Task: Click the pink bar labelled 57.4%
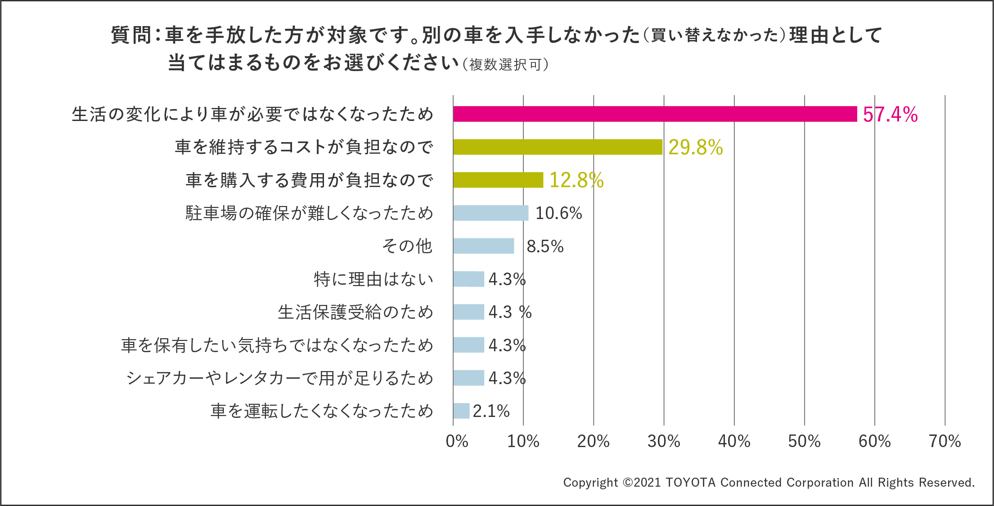point(655,114)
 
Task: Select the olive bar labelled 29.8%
point(558,147)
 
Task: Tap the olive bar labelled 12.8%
point(498,180)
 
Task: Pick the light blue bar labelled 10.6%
point(490,213)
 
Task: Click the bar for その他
point(483,246)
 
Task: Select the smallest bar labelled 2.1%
point(461,411)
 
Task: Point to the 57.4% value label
point(890,114)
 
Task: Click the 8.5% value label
point(545,246)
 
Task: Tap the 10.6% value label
point(558,213)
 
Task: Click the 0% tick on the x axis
point(457,441)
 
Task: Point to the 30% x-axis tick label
point(664,441)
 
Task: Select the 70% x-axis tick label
point(945,441)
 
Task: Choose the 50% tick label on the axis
point(804,441)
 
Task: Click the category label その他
point(407,246)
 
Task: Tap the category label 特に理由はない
point(373,279)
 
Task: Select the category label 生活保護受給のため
point(355,312)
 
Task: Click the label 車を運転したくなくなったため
point(322,411)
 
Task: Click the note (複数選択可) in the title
point(505,65)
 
